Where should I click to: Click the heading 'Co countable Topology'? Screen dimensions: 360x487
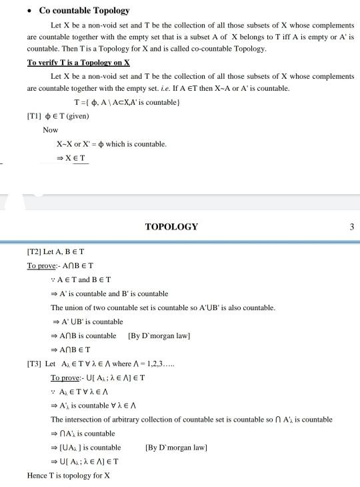(84, 11)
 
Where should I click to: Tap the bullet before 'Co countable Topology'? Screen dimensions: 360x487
(29, 11)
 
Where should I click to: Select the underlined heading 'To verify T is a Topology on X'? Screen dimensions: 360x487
(78, 62)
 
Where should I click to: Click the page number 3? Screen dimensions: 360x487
(351, 227)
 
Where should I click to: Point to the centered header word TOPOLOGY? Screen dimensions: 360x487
(171, 227)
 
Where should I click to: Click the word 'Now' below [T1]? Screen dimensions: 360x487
(51, 130)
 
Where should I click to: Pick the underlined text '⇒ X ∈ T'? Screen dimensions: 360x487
(73, 158)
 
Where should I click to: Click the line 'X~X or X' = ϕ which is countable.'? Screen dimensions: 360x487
(111, 144)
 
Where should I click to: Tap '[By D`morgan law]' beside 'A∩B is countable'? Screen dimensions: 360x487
(159, 336)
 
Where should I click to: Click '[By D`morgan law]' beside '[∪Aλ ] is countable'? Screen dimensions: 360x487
(176, 448)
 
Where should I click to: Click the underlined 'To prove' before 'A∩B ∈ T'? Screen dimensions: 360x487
(40, 266)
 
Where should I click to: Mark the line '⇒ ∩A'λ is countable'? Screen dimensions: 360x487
(83, 434)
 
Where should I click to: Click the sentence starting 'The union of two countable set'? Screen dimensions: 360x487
(163, 308)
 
